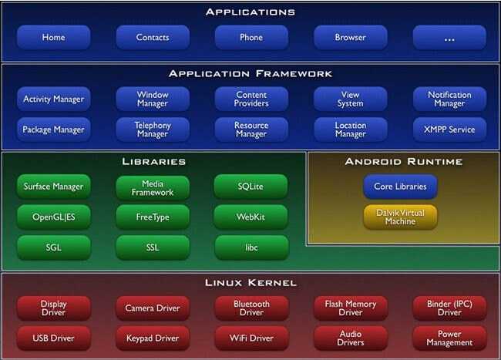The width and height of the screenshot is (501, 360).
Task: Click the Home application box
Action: tap(54, 37)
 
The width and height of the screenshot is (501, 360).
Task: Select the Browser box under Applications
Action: tap(351, 37)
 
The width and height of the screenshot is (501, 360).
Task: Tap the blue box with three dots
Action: tap(449, 37)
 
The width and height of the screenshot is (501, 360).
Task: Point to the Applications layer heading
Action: tap(250, 12)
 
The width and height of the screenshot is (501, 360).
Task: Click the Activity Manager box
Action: tap(54, 99)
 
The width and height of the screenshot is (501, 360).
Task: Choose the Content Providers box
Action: tap(251, 99)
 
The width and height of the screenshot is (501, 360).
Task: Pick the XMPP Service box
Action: tap(449, 130)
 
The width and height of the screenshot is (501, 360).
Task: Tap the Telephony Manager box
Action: tap(153, 130)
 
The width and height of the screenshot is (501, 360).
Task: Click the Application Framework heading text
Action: tap(250, 74)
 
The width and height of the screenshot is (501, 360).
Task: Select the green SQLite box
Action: tap(250, 187)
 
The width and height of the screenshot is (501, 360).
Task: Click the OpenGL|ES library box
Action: tap(54, 217)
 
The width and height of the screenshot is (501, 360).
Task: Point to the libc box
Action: tap(251, 247)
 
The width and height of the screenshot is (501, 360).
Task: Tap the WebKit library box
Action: tap(250, 217)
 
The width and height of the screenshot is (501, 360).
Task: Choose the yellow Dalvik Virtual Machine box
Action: tap(400, 217)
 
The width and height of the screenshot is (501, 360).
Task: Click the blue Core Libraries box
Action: tap(400, 187)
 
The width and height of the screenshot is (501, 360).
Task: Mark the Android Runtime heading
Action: tap(404, 162)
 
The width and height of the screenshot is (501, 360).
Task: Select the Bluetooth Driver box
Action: tap(251, 308)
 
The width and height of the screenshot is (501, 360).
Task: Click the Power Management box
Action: tap(449, 338)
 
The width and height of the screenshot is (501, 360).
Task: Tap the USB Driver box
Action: tap(54, 338)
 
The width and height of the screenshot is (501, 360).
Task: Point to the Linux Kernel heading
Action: tap(250, 283)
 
